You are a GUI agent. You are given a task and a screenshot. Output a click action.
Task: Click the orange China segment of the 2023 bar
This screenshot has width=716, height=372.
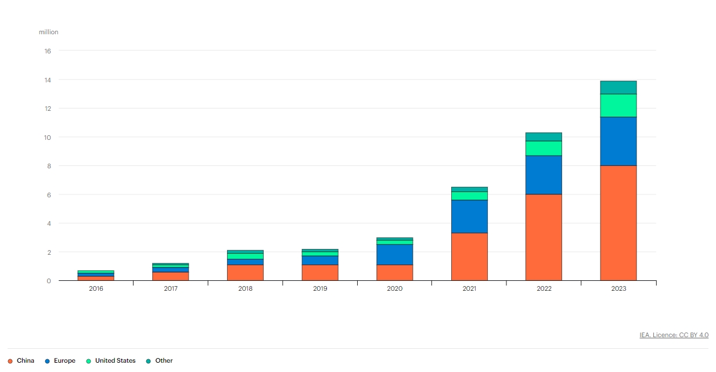click(x=618, y=223)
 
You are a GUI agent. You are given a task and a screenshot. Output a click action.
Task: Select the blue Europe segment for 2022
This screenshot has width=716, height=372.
click(x=544, y=175)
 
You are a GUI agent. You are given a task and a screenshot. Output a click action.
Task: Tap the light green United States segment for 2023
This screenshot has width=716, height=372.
click(x=618, y=105)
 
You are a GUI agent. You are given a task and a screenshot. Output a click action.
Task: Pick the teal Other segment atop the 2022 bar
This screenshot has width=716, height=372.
click(x=544, y=136)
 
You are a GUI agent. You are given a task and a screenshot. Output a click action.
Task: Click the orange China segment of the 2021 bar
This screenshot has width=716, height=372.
click(x=469, y=257)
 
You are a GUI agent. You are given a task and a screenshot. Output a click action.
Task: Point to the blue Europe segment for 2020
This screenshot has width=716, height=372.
click(x=394, y=254)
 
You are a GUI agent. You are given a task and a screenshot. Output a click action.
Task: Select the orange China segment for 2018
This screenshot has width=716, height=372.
click(x=245, y=273)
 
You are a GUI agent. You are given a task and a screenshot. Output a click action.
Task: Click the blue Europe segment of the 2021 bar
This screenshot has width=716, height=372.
click(x=469, y=216)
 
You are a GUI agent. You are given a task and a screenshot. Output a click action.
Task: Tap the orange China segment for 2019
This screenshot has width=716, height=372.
click(x=320, y=273)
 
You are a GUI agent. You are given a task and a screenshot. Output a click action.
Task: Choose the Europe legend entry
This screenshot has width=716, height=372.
click(x=60, y=360)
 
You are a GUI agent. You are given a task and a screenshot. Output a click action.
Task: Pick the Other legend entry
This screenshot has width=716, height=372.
click(x=159, y=360)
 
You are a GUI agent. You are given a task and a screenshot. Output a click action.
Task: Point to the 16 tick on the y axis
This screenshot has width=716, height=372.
click(x=48, y=51)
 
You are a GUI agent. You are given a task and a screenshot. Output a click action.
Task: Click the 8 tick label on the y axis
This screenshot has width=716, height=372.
click(x=49, y=166)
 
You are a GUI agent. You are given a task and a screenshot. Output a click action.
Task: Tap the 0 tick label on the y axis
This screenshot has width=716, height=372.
click(x=49, y=281)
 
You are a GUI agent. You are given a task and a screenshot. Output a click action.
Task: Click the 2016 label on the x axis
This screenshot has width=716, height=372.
click(x=96, y=289)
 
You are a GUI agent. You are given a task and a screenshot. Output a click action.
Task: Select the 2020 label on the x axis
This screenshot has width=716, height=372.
click(x=394, y=289)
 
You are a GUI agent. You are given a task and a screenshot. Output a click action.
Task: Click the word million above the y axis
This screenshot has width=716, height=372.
click(x=49, y=32)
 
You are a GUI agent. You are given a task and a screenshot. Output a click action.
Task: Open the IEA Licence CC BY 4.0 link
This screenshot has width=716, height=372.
click(x=674, y=335)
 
